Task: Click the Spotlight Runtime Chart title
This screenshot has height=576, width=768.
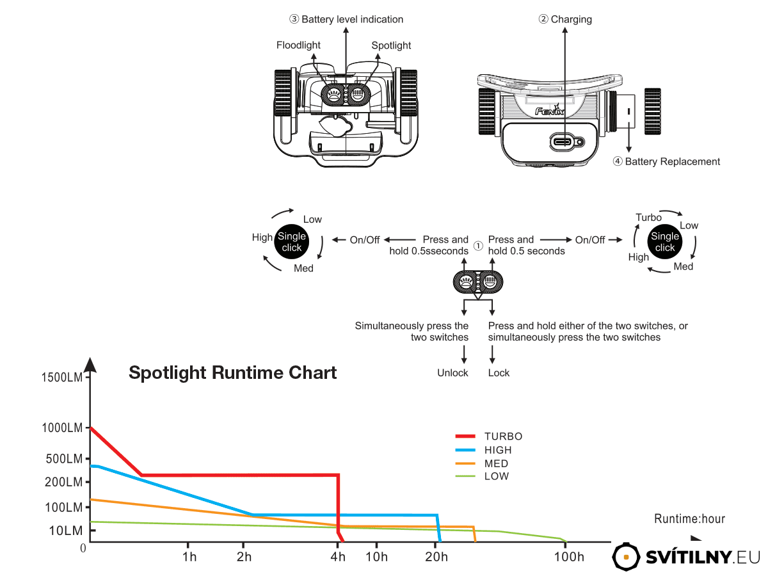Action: tap(233, 372)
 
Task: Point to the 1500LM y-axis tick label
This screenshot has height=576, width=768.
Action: tap(62, 378)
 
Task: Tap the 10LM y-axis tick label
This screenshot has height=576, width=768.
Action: tap(66, 531)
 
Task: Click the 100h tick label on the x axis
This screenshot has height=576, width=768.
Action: tap(569, 556)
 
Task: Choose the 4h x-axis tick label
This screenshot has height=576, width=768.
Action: tap(338, 556)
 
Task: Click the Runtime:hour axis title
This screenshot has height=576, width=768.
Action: tap(690, 518)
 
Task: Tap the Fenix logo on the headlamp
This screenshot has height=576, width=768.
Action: tap(550, 111)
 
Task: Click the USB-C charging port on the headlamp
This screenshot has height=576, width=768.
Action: tap(563, 142)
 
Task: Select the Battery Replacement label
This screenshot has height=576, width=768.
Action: tap(672, 161)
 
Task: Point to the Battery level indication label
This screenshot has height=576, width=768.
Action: tap(353, 19)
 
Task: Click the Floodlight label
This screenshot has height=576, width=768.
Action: tap(298, 45)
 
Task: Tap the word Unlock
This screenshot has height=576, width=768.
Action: tap(452, 373)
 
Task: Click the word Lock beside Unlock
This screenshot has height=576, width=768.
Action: tap(499, 373)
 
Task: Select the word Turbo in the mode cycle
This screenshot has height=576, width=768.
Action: tap(648, 217)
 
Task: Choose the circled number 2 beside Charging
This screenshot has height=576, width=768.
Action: tap(543, 19)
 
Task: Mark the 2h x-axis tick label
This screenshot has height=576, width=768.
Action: tap(244, 556)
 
